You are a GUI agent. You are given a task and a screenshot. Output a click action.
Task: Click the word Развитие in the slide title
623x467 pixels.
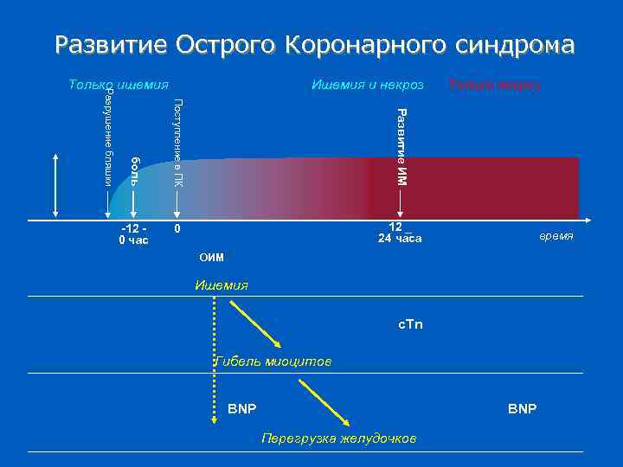point(111,45)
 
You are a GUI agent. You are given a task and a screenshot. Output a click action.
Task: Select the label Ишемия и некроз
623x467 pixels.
point(367,85)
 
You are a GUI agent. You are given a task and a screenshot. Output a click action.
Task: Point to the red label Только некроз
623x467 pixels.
point(494,85)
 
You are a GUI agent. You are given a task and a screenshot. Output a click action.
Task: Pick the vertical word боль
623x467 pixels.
point(135,170)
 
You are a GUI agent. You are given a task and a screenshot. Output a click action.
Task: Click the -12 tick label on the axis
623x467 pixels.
point(132,227)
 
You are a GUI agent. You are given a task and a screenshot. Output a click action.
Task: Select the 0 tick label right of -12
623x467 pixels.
point(177,229)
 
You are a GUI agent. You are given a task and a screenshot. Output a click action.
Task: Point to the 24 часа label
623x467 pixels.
point(400,240)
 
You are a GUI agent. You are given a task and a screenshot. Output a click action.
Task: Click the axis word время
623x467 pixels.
point(556,236)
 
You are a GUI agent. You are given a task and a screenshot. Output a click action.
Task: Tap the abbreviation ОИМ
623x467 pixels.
point(211,257)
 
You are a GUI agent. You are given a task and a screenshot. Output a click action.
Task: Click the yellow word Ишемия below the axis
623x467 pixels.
point(222,285)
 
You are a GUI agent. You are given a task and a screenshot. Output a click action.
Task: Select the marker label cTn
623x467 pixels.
point(410,324)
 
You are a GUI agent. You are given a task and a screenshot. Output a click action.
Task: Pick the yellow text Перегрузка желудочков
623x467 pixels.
point(338,438)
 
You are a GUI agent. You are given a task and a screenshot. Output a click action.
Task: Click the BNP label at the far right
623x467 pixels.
point(522,407)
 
